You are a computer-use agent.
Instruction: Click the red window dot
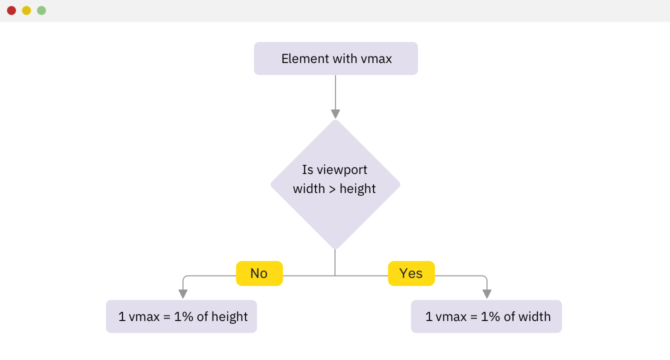11,10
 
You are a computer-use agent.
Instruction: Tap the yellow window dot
26,10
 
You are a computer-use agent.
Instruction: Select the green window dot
41,10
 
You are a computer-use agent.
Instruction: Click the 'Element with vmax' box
336,58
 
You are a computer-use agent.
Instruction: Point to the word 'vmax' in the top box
376,58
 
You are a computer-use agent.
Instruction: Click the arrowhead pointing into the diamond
335,114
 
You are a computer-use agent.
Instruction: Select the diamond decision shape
335,184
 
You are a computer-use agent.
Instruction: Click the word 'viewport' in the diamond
342,170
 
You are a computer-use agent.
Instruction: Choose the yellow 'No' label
259,273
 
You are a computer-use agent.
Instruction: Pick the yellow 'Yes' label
411,273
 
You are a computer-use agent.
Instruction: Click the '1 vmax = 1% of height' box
181,316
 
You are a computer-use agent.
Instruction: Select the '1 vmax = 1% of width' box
486,316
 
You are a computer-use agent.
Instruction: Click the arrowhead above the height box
183,294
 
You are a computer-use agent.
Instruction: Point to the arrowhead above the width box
487,294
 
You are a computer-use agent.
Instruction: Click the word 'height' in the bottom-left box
229,317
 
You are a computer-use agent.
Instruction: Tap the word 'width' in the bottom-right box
534,316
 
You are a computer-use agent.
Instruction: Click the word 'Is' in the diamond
307,169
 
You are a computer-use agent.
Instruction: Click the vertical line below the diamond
335,262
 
